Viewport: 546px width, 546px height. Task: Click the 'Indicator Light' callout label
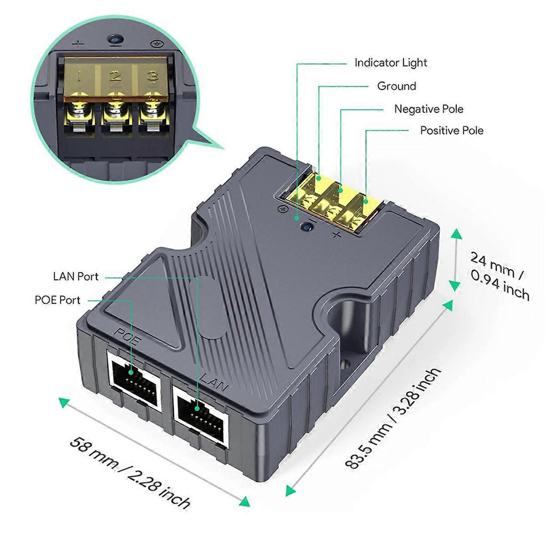391,63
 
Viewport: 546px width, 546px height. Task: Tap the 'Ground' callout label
397,86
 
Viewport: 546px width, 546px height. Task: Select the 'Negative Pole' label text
429,109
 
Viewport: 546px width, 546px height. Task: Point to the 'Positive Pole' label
452,130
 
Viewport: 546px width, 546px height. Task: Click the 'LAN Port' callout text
76,276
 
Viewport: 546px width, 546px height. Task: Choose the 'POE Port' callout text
58,300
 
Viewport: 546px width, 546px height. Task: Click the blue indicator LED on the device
306,227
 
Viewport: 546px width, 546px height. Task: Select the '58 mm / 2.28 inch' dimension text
130,471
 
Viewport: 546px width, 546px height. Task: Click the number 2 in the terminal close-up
115,76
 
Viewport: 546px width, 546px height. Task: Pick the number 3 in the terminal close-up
152,75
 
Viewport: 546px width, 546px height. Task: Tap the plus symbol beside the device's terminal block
336,235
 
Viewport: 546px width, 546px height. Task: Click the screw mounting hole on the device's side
345,364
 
